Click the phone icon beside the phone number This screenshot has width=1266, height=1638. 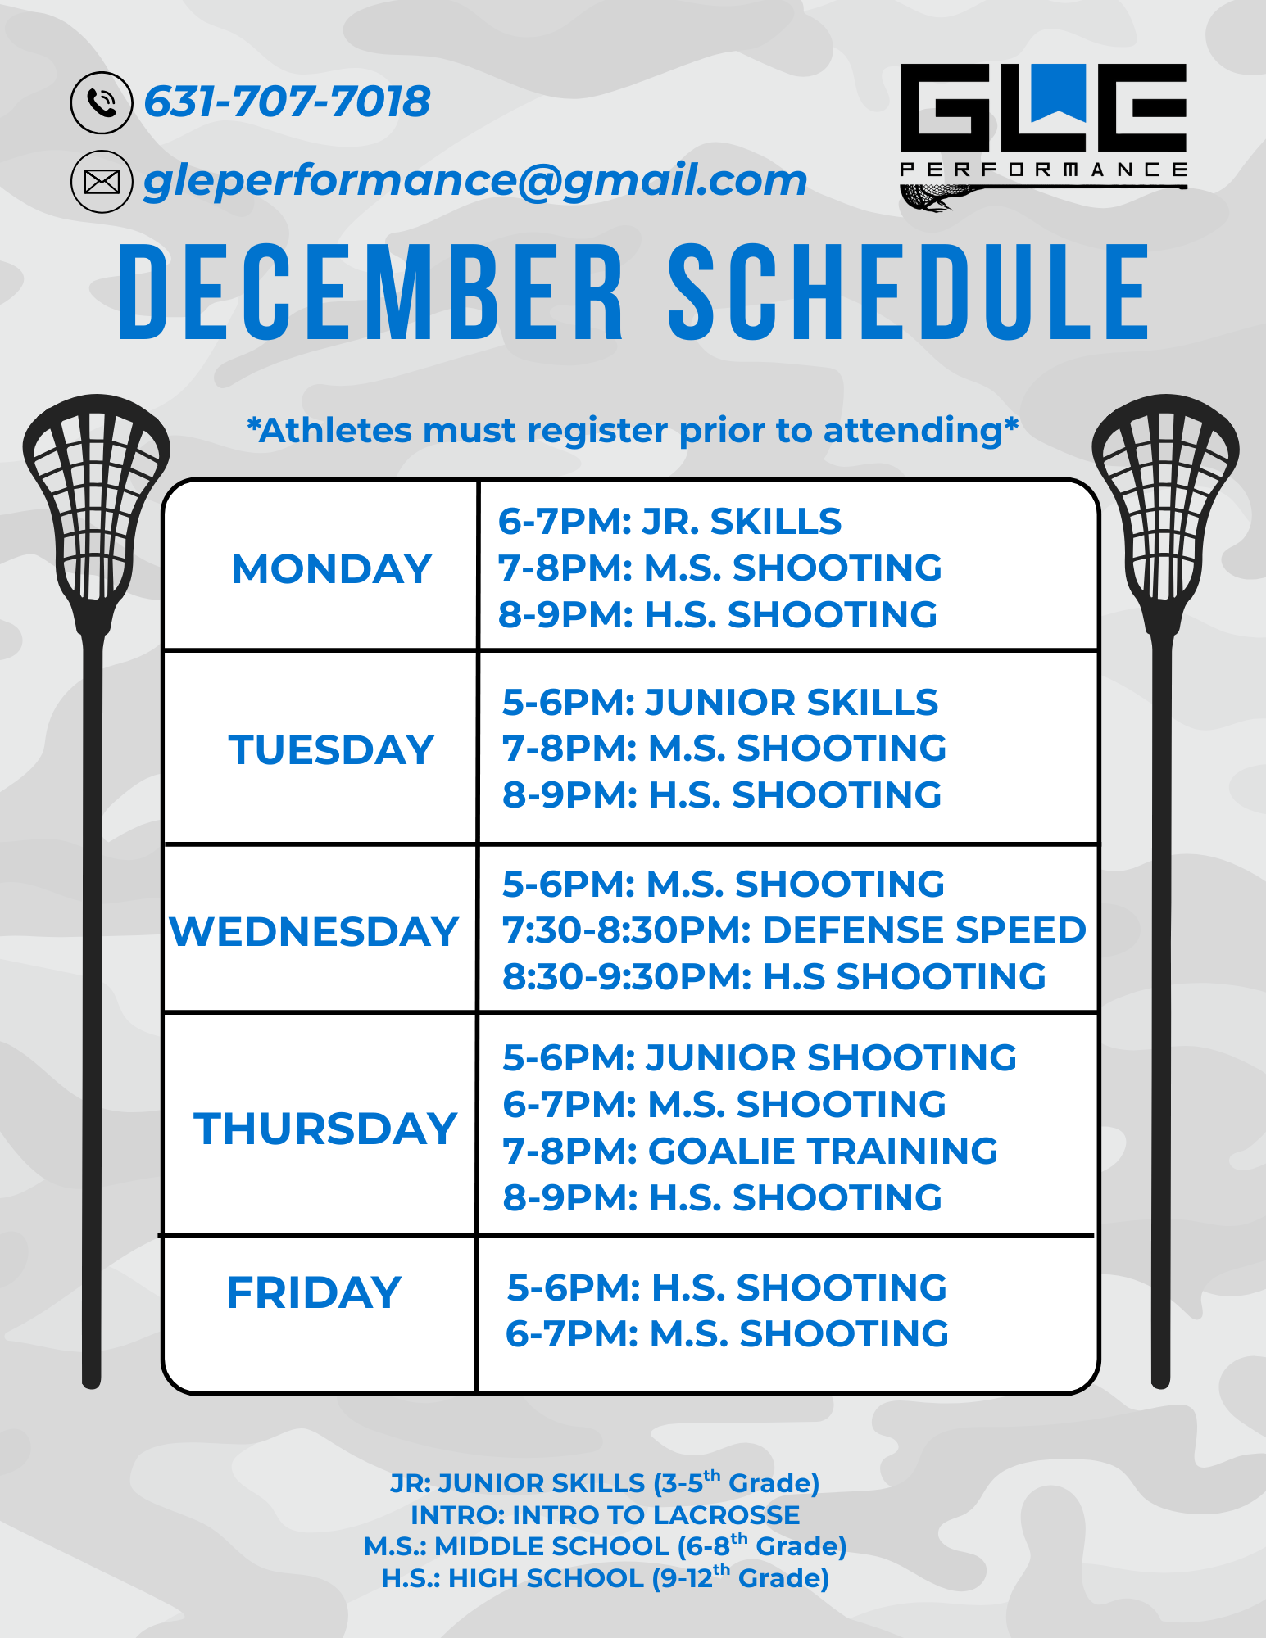click(x=102, y=102)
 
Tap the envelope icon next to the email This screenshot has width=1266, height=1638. click(x=102, y=182)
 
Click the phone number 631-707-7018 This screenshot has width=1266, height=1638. click(x=287, y=102)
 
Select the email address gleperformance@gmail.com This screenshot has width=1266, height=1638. click(x=475, y=181)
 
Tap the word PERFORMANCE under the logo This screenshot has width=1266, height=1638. click(x=1043, y=170)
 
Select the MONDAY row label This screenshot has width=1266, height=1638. click(x=332, y=568)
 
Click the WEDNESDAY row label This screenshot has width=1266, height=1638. click(x=314, y=931)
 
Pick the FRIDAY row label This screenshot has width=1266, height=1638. click(x=314, y=1292)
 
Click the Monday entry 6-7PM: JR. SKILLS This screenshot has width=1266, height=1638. click(x=670, y=522)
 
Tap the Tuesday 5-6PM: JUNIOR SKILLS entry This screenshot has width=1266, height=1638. click(x=720, y=703)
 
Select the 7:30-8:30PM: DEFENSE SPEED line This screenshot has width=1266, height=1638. click(x=794, y=930)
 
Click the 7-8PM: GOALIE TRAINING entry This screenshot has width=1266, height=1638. click(x=751, y=1151)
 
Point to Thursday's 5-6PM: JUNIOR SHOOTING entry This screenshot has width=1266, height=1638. click(x=760, y=1057)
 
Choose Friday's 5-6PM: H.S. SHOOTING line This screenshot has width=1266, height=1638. click(x=727, y=1287)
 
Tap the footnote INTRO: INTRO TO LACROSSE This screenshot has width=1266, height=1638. click(x=606, y=1515)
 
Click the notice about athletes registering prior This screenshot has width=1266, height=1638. click(x=633, y=431)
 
